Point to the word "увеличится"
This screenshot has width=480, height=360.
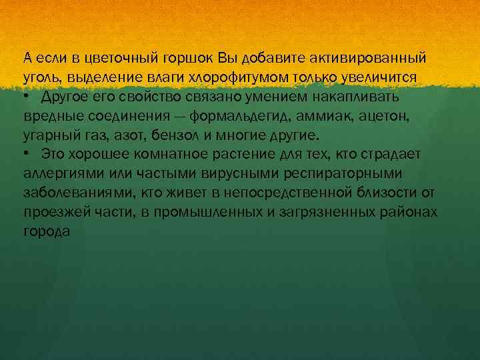382,77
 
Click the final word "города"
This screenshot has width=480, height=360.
45,232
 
